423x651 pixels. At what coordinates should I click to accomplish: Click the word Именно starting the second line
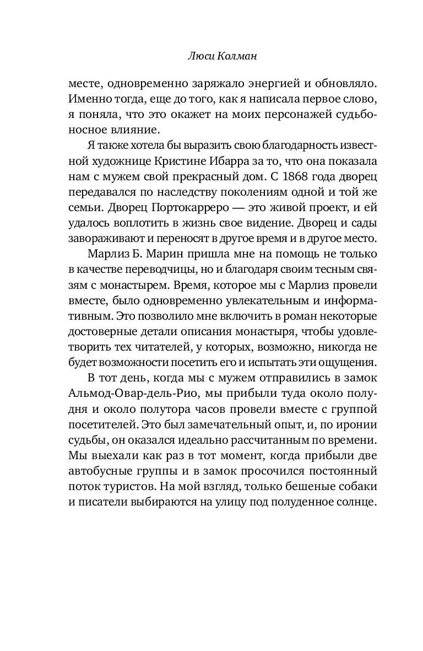point(87,101)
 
